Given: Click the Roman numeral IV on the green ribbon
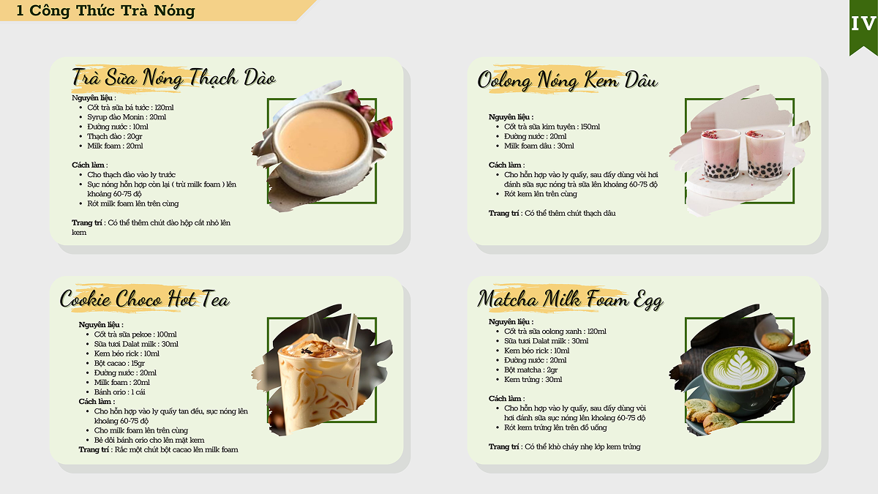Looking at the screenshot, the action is pos(863,24).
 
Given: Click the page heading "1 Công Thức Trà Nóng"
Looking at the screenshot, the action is pos(106,10).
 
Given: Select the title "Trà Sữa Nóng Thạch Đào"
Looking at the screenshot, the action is pos(173,78).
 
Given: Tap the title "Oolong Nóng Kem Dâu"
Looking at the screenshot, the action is pos(568,81).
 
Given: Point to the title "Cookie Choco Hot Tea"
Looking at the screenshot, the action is pos(145,299).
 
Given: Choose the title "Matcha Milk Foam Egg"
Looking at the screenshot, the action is pos(570,300).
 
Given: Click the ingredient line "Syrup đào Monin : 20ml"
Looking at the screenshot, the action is pos(127,117).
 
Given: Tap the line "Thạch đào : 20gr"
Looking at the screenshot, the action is pos(114,136).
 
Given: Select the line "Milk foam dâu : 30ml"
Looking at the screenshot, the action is pos(539,146).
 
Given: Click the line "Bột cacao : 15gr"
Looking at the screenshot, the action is pos(119,363).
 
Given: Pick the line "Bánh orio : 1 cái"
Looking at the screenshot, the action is pos(119,392).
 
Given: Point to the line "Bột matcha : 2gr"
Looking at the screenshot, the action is pos(530,370).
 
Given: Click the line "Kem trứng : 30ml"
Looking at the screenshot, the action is pos(533,380).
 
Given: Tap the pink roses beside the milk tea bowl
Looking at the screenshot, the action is pos(369,112).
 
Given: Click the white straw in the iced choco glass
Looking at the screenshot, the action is pos(351,332).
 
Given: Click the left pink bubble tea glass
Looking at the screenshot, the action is pos(721,154).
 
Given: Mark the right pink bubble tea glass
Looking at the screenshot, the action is pos(765,154).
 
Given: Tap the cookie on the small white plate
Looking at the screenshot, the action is pos(776,341).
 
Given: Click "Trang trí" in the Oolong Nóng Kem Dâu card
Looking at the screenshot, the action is pos(503,213).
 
